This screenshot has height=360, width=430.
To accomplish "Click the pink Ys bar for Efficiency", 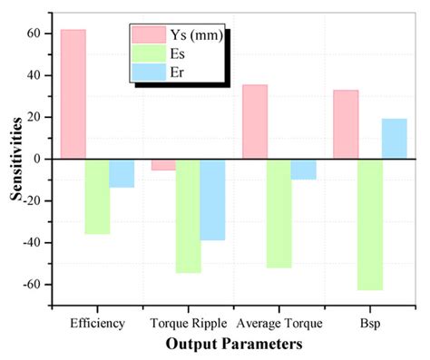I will [x=73, y=94].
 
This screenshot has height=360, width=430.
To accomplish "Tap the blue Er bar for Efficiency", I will [x=122, y=173].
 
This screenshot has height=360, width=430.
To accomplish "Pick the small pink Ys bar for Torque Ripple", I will [x=163, y=165].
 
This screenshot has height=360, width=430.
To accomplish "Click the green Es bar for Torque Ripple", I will [x=188, y=216].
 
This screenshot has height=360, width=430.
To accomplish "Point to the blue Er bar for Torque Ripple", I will [x=212, y=199].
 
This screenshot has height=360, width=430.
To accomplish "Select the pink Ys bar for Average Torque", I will [x=255, y=122].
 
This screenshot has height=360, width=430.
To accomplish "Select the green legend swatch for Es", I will [x=146, y=54].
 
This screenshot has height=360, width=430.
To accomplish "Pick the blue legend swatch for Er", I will [x=146, y=72].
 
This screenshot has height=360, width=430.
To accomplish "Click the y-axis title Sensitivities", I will [x=15, y=160].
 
